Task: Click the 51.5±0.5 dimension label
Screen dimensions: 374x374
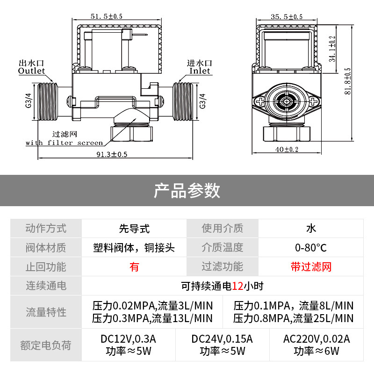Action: point(107,17)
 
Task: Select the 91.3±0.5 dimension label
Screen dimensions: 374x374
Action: point(112,154)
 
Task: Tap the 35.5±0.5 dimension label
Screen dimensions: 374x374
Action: point(287,17)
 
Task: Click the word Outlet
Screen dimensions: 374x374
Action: point(31,71)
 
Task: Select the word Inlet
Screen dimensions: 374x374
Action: point(200,71)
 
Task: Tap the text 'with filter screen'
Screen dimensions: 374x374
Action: point(64,143)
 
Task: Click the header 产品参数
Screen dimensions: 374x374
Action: point(187,190)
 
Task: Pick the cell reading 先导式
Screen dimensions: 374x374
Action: point(134,228)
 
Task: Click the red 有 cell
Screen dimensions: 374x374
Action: point(134,266)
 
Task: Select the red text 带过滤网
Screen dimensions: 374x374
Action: point(311,266)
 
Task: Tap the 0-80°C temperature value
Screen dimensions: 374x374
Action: point(311,247)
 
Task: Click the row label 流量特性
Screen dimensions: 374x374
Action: point(46,312)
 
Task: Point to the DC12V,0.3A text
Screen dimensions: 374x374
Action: point(128,339)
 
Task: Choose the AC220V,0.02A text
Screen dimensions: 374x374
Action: point(316,339)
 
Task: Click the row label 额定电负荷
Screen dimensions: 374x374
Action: point(46,345)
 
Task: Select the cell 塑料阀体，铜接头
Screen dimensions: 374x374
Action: point(134,247)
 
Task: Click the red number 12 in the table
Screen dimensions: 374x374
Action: point(237,286)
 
